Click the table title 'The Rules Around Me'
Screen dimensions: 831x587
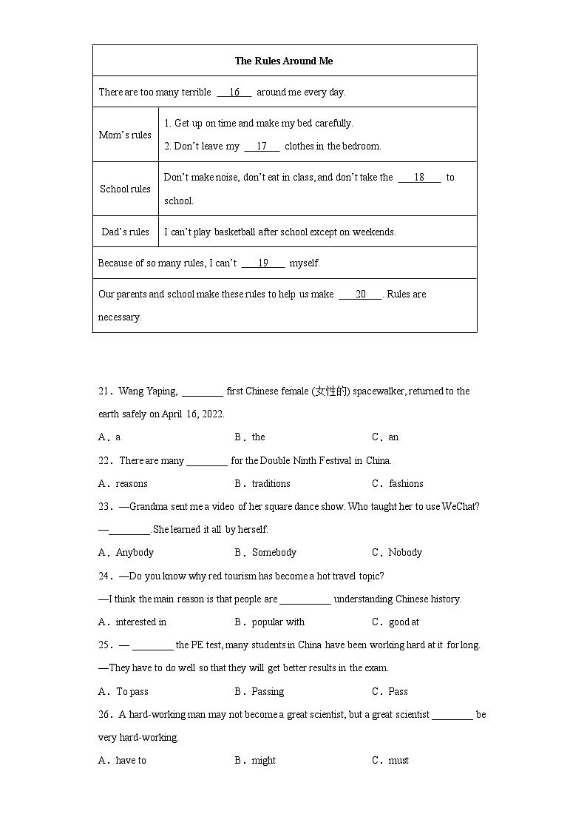point(284,61)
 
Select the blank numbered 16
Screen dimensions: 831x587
point(234,92)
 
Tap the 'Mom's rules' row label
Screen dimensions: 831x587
point(125,135)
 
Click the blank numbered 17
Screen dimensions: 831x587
point(262,147)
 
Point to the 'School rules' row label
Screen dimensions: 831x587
point(125,189)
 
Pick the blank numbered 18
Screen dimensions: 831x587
point(419,178)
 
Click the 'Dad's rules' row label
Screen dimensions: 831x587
point(125,232)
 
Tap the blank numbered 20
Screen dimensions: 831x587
point(361,295)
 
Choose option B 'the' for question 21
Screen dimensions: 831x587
point(258,437)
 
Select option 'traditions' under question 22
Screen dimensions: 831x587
point(271,484)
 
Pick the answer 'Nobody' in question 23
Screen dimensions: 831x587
point(405,553)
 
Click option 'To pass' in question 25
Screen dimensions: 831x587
point(132,692)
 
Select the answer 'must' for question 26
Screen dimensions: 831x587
point(398,761)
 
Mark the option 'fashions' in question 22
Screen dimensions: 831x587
point(406,484)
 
